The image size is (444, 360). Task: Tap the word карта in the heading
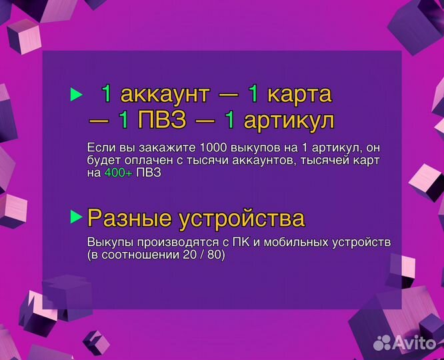click(x=299, y=95)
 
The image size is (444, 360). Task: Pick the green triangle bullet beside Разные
click(x=76, y=217)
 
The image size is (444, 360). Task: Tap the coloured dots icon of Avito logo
click(x=382, y=342)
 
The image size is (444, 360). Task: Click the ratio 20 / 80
click(x=203, y=255)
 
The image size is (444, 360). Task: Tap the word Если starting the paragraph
click(x=100, y=147)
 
